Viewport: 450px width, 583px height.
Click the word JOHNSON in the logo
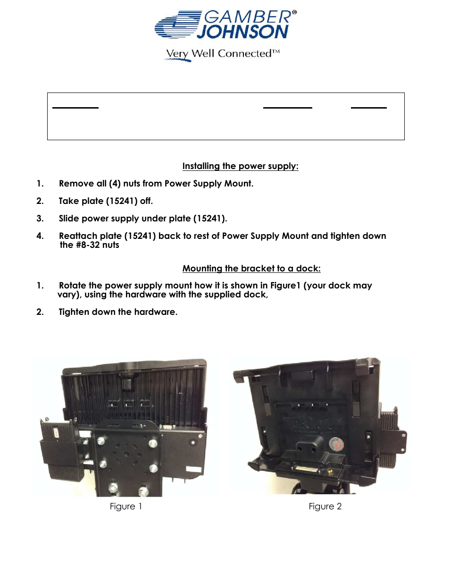coord(242,32)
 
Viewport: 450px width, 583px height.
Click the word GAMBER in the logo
coord(247,17)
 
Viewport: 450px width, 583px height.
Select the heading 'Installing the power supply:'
coord(240,166)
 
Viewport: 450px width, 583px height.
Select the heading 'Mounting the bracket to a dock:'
coord(251,269)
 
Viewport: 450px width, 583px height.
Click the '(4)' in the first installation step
coord(115,184)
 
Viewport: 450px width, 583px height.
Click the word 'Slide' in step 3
coord(69,219)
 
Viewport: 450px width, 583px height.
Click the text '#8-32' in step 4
coord(88,245)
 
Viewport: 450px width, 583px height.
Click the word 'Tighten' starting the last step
coord(75,312)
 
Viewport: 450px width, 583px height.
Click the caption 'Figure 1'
coord(126,507)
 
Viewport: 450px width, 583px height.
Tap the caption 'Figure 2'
coord(325,507)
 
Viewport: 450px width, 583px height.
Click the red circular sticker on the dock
coord(336,444)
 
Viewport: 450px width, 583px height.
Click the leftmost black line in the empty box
coord(75,108)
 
